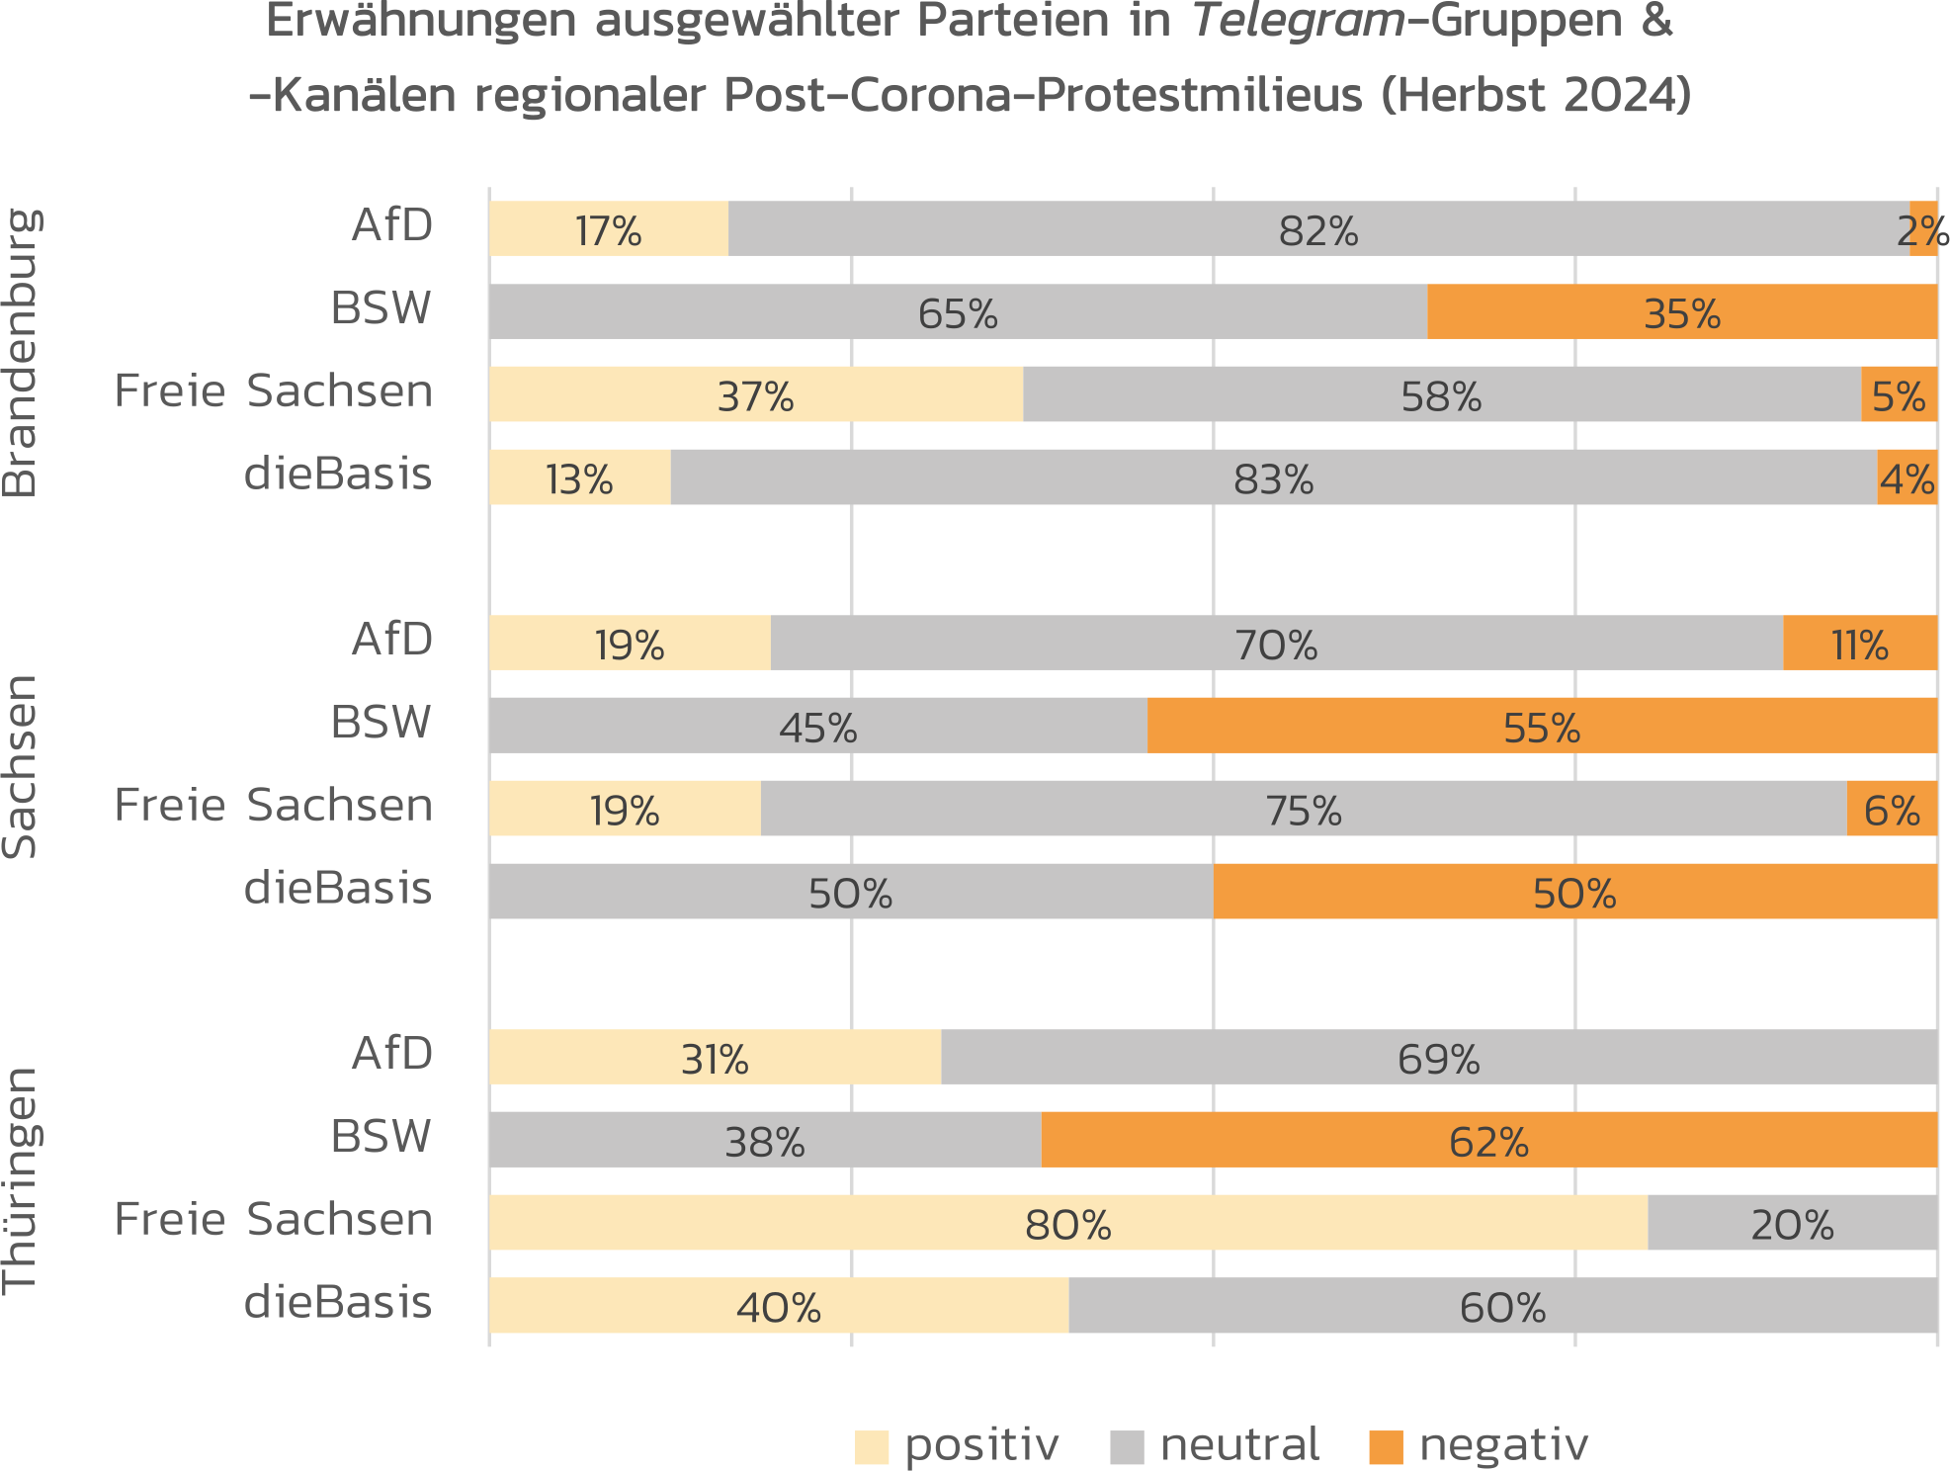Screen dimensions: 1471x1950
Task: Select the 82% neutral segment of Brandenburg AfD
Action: tap(1317, 229)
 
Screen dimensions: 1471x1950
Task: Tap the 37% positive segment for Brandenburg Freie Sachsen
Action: tap(755, 394)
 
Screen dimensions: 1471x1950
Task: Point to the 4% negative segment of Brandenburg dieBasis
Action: tap(1907, 477)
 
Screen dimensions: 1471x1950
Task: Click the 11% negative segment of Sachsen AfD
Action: tap(1859, 644)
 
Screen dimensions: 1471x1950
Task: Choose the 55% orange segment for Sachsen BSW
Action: tap(1541, 726)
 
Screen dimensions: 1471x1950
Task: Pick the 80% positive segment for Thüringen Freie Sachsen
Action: tap(1067, 1223)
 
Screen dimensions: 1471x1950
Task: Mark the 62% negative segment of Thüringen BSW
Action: tap(1487, 1140)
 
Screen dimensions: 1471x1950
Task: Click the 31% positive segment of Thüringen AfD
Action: tap(714, 1058)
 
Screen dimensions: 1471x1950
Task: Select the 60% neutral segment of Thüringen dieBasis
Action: tap(1501, 1306)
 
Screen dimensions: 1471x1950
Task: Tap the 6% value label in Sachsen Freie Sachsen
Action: tap(1892, 810)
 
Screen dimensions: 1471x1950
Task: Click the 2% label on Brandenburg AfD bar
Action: tap(1922, 231)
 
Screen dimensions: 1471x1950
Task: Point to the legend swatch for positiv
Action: tap(871, 1447)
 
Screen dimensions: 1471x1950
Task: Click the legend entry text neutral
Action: tap(1239, 1445)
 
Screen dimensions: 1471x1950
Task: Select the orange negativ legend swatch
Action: tap(1386, 1447)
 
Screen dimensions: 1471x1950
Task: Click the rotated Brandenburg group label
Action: tap(20, 352)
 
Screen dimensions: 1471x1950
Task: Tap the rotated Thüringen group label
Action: tap(20, 1180)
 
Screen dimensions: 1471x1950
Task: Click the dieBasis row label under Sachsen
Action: tap(338, 889)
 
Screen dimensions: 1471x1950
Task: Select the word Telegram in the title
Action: tap(1298, 22)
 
